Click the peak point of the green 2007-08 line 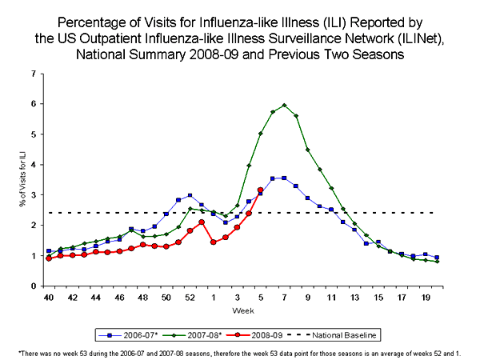pos(284,105)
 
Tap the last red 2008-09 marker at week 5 pos(260,190)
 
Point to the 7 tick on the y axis pos(34,74)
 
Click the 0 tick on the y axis pos(34,286)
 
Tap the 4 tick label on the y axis pos(34,165)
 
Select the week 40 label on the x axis pos(49,298)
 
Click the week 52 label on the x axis pos(190,298)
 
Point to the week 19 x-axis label pos(425,298)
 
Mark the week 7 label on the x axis pos(284,298)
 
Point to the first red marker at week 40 pos(49,258)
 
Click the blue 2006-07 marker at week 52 pos(190,195)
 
